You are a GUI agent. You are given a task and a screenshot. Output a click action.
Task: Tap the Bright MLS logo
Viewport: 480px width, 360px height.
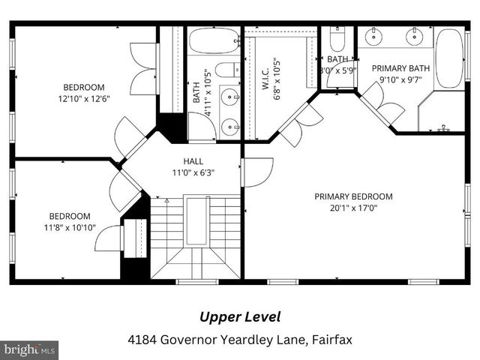pos(29,349)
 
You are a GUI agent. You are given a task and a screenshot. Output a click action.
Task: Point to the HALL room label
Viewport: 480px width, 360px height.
pos(193,161)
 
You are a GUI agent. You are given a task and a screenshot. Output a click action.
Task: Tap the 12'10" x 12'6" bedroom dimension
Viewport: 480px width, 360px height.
pos(83,98)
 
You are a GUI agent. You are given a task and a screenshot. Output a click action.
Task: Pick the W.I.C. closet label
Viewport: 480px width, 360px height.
pos(266,75)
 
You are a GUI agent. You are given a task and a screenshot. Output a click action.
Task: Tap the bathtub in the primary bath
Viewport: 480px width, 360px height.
pos(450,58)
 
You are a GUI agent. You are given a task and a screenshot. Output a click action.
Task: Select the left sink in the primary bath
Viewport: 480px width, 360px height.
pos(373,36)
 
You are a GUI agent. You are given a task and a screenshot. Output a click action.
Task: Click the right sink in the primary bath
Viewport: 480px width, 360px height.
pos(413,36)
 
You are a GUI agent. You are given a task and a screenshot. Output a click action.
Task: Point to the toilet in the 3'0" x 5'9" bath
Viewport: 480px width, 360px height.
pos(337,38)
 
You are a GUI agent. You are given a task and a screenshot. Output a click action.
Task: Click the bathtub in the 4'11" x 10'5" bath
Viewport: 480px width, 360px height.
pos(214,41)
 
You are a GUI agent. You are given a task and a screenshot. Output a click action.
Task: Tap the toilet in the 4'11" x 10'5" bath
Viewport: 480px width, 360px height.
pos(226,70)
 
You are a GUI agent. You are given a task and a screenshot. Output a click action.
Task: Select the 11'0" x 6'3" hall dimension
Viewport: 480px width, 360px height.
pos(193,172)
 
